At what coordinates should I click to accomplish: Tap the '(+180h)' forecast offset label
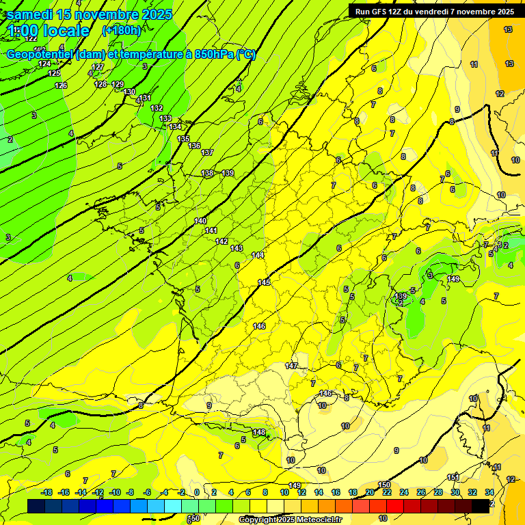[122, 30]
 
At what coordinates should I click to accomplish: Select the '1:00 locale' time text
[49, 31]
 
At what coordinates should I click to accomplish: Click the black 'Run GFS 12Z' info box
[435, 12]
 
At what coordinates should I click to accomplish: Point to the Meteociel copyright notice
[290, 520]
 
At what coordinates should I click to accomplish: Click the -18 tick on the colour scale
[46, 492]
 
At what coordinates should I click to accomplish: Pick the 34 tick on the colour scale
[489, 492]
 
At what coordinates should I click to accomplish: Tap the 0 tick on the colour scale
[196, 492]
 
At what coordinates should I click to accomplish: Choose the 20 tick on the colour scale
[370, 492]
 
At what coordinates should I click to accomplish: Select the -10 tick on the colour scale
[115, 492]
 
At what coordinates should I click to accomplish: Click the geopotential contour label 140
[200, 221]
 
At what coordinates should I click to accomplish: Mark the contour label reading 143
[237, 248]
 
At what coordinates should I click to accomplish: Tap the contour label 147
[292, 366]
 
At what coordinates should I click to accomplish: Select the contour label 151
[453, 477]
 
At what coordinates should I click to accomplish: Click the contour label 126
[61, 85]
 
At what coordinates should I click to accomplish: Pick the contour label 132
[157, 108]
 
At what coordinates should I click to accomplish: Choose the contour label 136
[195, 146]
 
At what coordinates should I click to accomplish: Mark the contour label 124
[44, 64]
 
